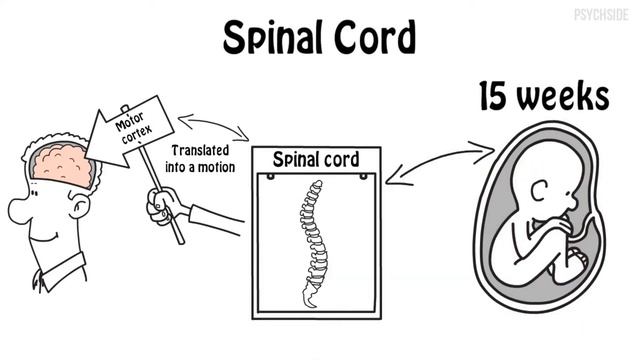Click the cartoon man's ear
point(79,205)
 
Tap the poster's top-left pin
point(270,177)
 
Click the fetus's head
point(545,181)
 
